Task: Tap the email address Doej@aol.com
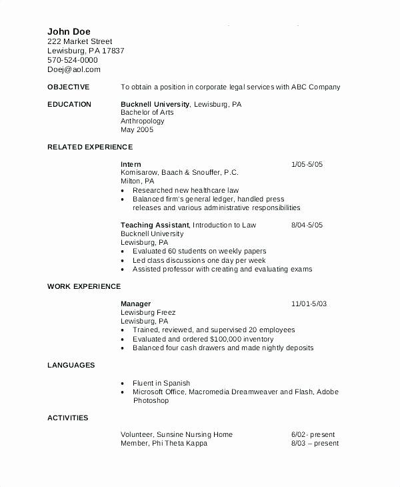point(73,69)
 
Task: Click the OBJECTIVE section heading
point(68,87)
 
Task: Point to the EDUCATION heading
point(69,105)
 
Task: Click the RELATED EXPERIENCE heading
point(90,147)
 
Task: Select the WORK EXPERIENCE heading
point(84,286)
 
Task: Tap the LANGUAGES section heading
point(71,365)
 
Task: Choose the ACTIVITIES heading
point(68,418)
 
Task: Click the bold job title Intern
point(131,164)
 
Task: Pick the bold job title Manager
point(135,304)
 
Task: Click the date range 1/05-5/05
point(307,164)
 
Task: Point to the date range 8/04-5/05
point(307,225)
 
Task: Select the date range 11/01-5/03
point(309,304)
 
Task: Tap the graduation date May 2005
point(137,129)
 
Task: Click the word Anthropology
point(143,121)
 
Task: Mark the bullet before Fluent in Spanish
point(123,384)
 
